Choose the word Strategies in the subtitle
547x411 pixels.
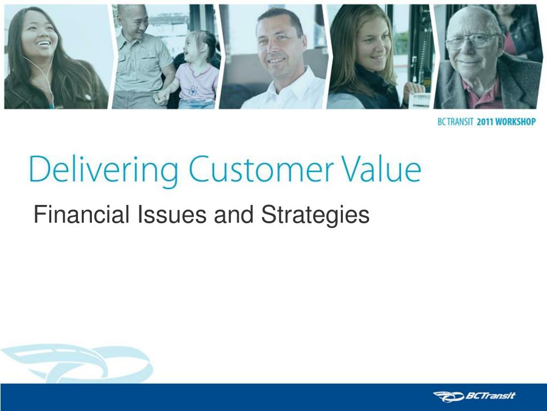(x=315, y=215)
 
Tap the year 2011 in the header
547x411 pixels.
(x=485, y=122)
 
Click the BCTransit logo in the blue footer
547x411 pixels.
(x=474, y=396)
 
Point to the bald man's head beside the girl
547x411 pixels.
(x=132, y=19)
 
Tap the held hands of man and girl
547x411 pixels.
(x=161, y=97)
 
